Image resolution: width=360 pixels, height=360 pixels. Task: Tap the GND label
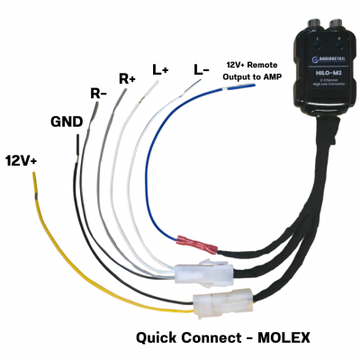pyautogui.click(x=67, y=120)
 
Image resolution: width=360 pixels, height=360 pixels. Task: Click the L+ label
pyautogui.click(x=160, y=68)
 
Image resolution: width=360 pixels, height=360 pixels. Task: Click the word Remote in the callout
pyautogui.click(x=260, y=66)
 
